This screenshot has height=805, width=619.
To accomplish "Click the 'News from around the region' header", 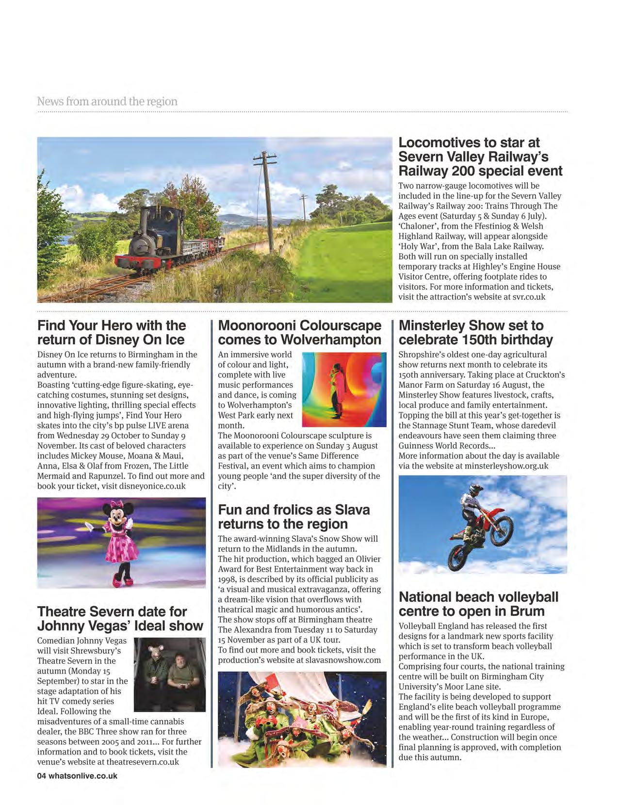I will point(107,101).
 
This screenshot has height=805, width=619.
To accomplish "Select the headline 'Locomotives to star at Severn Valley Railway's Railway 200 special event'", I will point(480,157).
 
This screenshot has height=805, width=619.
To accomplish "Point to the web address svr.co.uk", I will point(529,296).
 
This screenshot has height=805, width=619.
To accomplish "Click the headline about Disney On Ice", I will point(112,332).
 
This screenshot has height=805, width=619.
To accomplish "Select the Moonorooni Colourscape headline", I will point(299,332).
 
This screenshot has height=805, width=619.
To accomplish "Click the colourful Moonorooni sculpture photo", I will point(344,389).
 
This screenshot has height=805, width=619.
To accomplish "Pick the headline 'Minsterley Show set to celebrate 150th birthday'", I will point(475,332).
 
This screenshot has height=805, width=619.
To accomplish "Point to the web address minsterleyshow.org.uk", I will point(506,466).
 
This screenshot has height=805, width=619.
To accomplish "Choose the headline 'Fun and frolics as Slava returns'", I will point(293,516).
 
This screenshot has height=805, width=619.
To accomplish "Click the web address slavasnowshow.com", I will point(343,660).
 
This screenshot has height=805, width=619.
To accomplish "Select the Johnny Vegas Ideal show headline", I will point(120,618).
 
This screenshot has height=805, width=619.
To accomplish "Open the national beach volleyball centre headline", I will point(478,604).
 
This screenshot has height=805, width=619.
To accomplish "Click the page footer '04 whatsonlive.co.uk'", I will point(78,775).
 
